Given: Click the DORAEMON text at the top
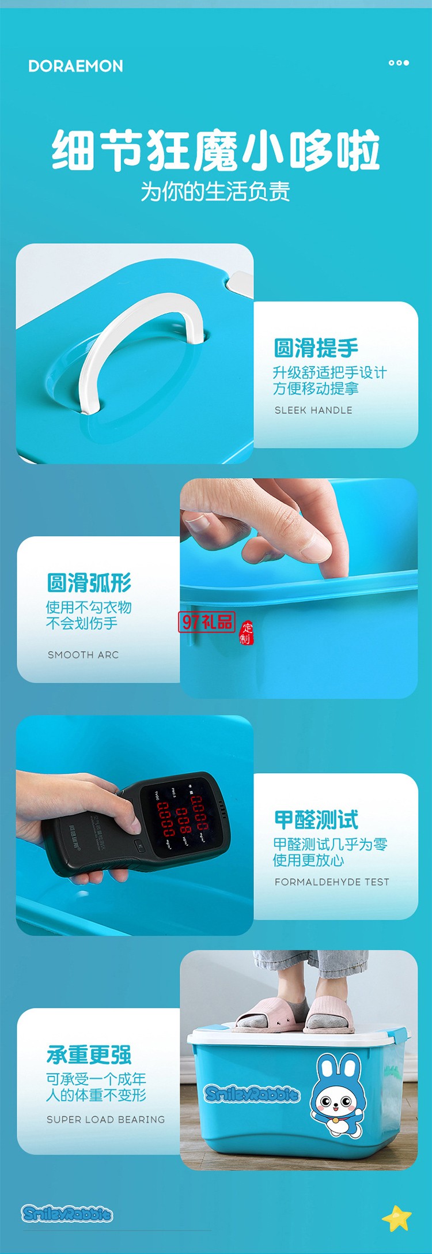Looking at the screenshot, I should point(75,66).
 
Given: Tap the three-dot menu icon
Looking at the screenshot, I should point(399,63).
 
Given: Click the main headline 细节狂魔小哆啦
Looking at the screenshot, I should point(216,150).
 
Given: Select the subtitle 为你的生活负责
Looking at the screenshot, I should point(215,191).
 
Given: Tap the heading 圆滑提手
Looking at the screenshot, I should point(316,348).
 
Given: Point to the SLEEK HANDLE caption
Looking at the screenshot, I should point(313,410).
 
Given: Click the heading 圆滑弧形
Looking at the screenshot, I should point(89,583).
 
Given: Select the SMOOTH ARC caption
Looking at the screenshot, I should point(83,654).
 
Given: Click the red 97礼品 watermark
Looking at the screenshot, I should point(207,622).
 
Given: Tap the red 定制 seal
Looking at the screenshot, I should point(247,632).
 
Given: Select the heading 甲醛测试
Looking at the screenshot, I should point(316,819).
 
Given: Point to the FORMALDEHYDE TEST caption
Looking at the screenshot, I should point(332,882).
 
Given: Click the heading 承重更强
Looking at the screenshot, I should point(89,1055).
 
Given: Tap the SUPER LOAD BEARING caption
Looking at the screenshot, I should point(105,1119).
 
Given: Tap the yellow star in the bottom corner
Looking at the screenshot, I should point(397,1217).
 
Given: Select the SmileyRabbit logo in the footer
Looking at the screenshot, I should point(67,1214).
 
